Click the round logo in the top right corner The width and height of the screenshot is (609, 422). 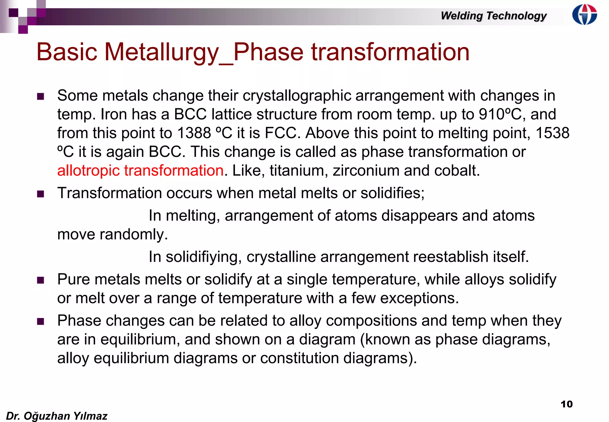pyautogui.click(x=584, y=14)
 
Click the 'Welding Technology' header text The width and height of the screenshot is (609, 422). pyautogui.click(x=494, y=15)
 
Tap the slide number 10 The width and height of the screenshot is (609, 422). pyautogui.click(x=566, y=404)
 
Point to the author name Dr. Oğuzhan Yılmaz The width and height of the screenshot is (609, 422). pyautogui.click(x=56, y=416)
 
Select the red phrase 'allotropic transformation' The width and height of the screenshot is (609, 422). pyautogui.click(x=140, y=171)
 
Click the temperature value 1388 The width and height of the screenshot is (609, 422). pyautogui.click(x=194, y=133)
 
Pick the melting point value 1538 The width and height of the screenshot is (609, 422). pyautogui.click(x=552, y=133)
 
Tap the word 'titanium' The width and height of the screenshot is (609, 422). pyautogui.click(x=299, y=171)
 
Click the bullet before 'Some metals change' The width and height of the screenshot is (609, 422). pyautogui.click(x=40, y=96)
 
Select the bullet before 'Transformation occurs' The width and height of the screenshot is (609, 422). pyautogui.click(x=40, y=194)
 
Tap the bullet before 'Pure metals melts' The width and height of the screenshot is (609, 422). pyautogui.click(x=40, y=280)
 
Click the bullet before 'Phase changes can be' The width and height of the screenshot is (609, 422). pyautogui.click(x=40, y=321)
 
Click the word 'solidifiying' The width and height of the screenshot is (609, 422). pyautogui.click(x=203, y=257)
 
